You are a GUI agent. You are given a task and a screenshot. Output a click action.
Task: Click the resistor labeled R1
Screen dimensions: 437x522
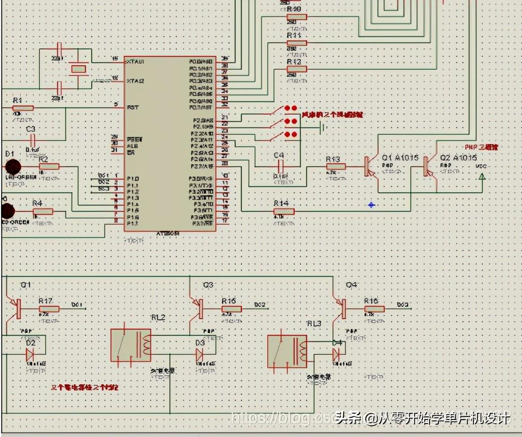[x=23, y=108]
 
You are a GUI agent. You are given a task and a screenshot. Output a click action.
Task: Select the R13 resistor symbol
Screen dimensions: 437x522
[x=336, y=166]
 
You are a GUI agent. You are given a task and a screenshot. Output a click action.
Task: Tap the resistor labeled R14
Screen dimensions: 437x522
[x=284, y=211]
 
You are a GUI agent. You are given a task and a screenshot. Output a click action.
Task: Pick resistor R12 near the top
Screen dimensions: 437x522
[x=297, y=69]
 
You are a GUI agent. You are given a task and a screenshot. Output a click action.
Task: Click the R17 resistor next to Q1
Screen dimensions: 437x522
[x=49, y=309]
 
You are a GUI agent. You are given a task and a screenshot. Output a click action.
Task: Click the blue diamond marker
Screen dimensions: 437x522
[x=371, y=205]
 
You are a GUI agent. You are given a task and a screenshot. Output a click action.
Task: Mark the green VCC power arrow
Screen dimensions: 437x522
[x=482, y=177]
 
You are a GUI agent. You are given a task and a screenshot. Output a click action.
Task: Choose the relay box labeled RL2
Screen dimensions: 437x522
[x=131, y=345]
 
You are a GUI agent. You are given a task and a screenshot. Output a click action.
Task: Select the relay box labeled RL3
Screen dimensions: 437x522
[x=287, y=352]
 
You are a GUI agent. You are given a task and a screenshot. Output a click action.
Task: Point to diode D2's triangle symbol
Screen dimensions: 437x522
[x=29, y=354]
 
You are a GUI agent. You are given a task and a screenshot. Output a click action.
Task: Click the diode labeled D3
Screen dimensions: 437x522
[x=199, y=354]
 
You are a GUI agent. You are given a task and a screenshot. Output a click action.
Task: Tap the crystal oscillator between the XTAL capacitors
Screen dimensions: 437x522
[x=78, y=69]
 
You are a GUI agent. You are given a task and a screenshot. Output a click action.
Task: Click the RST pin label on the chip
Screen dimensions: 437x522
[x=133, y=107]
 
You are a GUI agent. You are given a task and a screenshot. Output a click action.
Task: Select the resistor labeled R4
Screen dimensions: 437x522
[x=43, y=211]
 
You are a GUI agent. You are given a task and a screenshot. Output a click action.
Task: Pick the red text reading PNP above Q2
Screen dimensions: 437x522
[x=481, y=147]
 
